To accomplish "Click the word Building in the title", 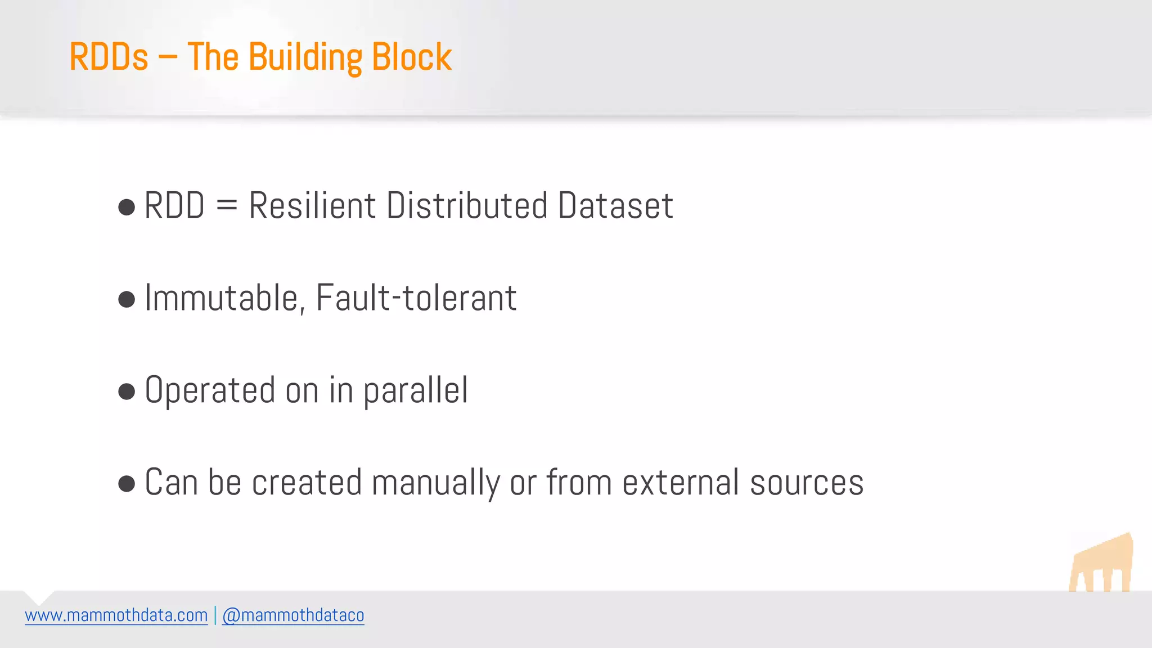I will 305,57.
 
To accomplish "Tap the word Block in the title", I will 412,57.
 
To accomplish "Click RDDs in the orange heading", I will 109,57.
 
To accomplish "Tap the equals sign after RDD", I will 227,206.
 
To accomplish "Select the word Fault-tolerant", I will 416,298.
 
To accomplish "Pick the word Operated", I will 210,390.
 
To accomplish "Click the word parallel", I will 416,391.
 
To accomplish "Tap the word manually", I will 435,483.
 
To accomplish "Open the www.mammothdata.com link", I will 116,615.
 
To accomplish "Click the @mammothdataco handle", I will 293,615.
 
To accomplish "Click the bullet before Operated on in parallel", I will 127,391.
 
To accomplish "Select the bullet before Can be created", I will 127,483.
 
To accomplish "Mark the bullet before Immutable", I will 127,299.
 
